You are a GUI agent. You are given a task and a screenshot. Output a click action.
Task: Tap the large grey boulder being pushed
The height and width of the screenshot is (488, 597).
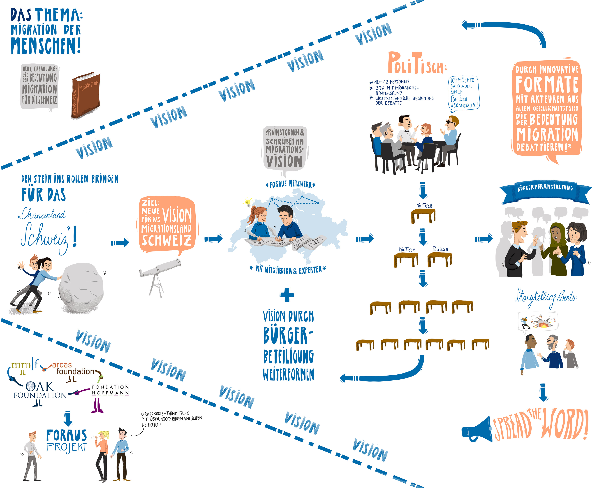pos(81,288)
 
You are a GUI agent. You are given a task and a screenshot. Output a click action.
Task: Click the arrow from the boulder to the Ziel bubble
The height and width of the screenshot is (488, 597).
pos(120,242)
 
